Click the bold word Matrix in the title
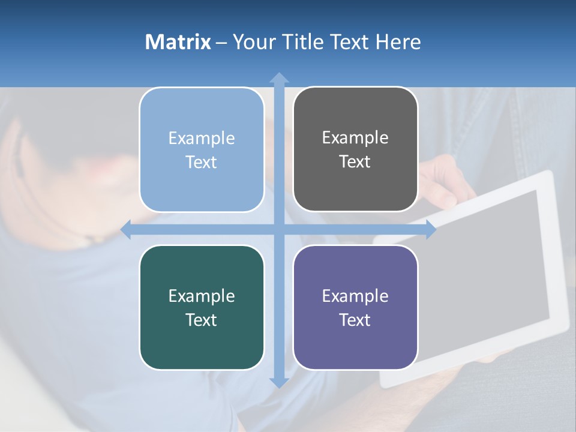tap(178, 42)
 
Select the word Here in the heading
tap(398, 42)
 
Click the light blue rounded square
tap(202, 149)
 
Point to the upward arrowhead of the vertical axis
tap(279, 78)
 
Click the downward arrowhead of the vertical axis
tap(279, 382)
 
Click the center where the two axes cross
tap(279, 229)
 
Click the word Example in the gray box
tap(355, 138)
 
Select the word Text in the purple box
tap(355, 320)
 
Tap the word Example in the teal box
tap(202, 296)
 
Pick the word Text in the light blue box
tap(202, 163)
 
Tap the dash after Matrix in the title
tap(221, 43)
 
